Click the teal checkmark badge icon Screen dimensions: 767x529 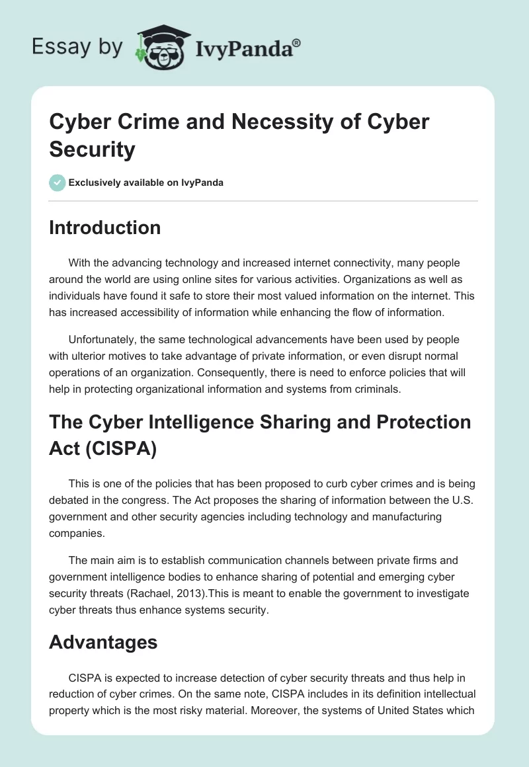coord(58,182)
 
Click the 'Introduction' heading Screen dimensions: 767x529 coord(104,227)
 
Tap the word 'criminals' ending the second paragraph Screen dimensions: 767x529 coord(376,389)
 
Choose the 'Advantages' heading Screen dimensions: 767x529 coord(103,641)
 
